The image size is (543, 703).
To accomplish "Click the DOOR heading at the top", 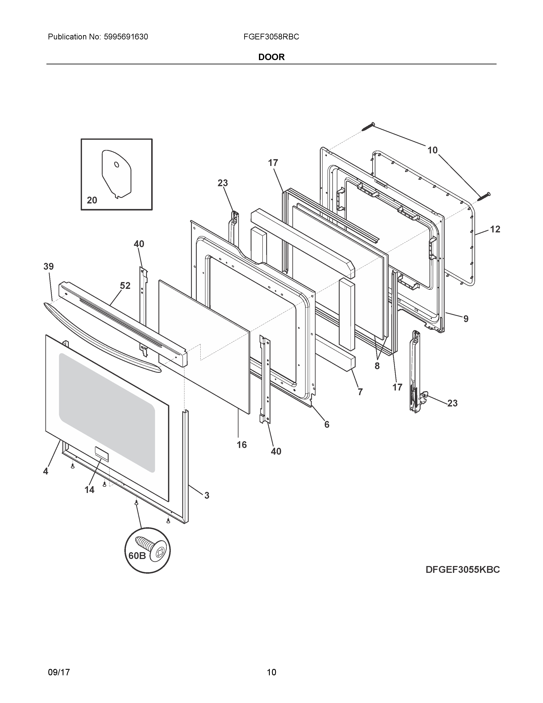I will coord(271,57).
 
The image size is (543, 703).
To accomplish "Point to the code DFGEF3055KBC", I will coord(463,570).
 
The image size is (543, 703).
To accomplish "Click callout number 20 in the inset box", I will coord(92,200).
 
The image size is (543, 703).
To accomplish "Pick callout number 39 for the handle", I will coord(49,267).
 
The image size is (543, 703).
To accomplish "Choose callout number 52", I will coord(125,285).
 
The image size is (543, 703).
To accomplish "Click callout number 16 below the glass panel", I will coord(242,445).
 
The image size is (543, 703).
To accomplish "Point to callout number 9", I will coord(466,319).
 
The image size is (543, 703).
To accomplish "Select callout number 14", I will coord(89,490).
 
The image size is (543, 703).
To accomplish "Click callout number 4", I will coord(46,471).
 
